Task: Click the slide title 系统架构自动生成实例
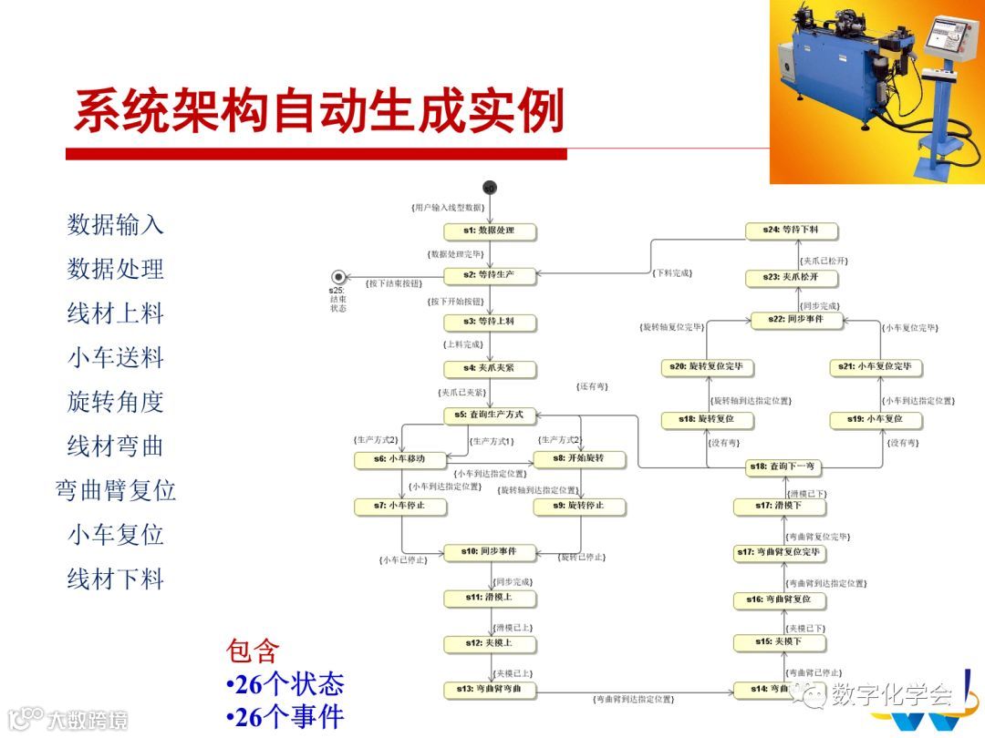click(x=318, y=111)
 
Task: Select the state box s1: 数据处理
click(x=489, y=231)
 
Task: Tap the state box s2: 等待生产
click(x=489, y=274)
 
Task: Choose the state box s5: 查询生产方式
click(x=489, y=415)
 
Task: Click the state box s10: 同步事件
click(x=489, y=552)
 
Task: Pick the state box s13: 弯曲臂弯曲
click(x=489, y=689)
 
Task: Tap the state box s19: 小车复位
click(x=876, y=419)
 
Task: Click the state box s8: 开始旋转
click(x=579, y=458)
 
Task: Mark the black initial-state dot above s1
click(x=490, y=189)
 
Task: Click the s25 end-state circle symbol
click(x=339, y=276)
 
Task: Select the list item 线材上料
click(x=115, y=313)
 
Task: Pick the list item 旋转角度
click(x=115, y=402)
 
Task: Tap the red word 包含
click(x=253, y=651)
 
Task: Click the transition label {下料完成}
click(x=673, y=272)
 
